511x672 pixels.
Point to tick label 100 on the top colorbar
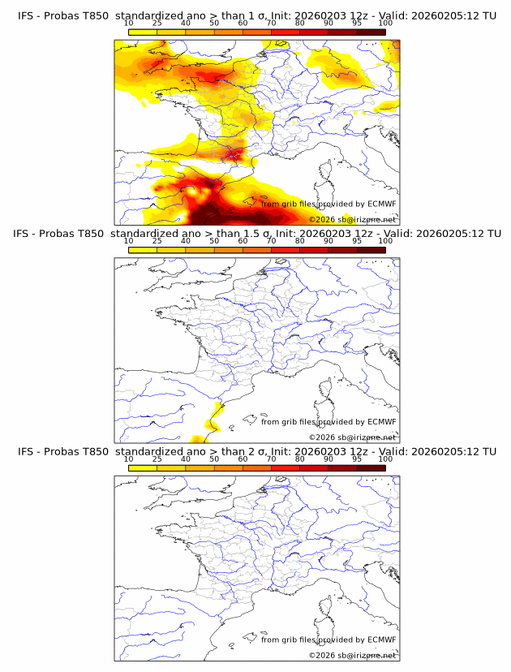click(x=385, y=23)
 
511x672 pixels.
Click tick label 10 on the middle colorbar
click(x=128, y=241)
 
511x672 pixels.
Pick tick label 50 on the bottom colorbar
click(x=214, y=459)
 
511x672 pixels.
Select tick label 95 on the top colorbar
click(x=357, y=23)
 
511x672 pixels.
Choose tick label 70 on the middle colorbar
click(x=271, y=241)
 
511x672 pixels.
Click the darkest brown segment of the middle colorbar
click(x=371, y=249)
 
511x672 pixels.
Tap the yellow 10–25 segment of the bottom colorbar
click(x=143, y=467)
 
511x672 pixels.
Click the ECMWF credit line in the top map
click(x=328, y=204)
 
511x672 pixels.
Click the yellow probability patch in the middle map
click(x=216, y=416)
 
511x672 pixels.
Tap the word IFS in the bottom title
click(x=26, y=451)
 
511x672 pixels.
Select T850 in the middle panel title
click(x=93, y=234)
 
